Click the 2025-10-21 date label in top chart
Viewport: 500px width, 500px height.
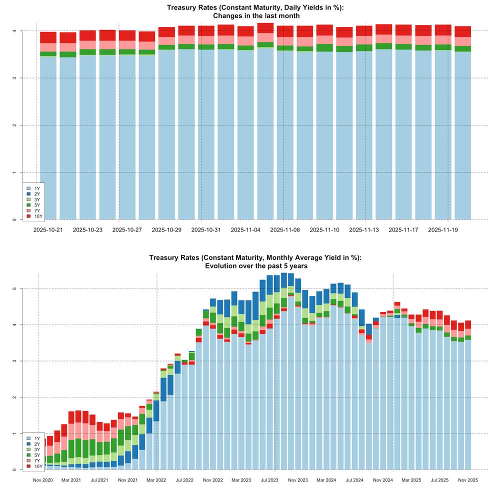(x=48, y=230)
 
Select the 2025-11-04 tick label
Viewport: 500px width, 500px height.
(x=245, y=230)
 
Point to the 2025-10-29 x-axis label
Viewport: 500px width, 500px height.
(x=166, y=230)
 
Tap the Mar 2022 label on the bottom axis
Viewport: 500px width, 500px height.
(x=157, y=480)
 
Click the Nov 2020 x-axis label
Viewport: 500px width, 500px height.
(x=43, y=480)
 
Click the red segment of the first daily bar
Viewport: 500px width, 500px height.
(x=48, y=37)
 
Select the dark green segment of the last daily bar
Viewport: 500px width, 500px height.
(x=462, y=49)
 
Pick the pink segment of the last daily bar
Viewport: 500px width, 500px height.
(x=462, y=41)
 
